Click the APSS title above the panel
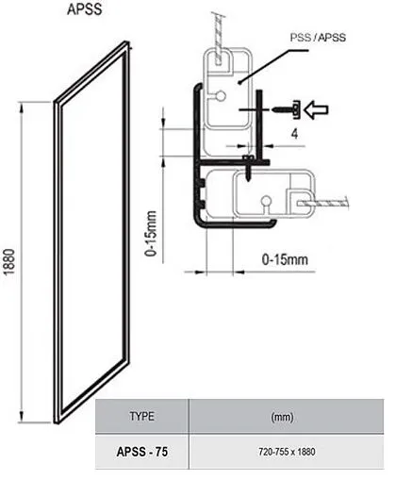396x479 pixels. pyautogui.click(x=85, y=9)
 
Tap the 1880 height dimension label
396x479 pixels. pyautogui.click(x=9, y=261)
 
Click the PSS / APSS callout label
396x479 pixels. pyautogui.click(x=318, y=38)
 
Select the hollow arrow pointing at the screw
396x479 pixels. pyautogui.click(x=317, y=109)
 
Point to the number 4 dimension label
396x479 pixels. pyautogui.click(x=294, y=134)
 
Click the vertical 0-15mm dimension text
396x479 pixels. pyautogui.click(x=151, y=234)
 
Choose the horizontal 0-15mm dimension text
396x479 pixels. pyautogui.click(x=285, y=260)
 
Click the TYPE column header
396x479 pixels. pyautogui.click(x=142, y=416)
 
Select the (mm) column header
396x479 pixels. pyautogui.click(x=282, y=417)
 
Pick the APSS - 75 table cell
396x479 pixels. pyautogui.click(x=142, y=452)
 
